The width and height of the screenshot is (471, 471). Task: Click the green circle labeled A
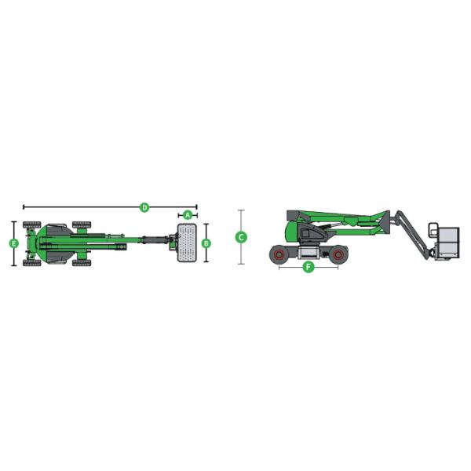188,215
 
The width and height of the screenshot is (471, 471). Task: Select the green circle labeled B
206,243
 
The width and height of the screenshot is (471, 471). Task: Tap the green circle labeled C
242,236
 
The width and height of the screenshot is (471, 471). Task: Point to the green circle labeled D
144,207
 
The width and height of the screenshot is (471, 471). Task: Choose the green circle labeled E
13,243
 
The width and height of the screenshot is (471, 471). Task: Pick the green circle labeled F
309,268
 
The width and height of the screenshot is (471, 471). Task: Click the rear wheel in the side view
279,254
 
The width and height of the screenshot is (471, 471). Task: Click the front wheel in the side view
338,254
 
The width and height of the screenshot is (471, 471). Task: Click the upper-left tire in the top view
31,225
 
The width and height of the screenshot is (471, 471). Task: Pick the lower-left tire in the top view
31,263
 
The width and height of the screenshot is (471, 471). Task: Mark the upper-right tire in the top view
82,225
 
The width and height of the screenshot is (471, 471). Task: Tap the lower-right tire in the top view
82,263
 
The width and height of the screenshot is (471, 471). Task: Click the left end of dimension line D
24,207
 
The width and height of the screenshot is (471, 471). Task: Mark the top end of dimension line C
242,210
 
